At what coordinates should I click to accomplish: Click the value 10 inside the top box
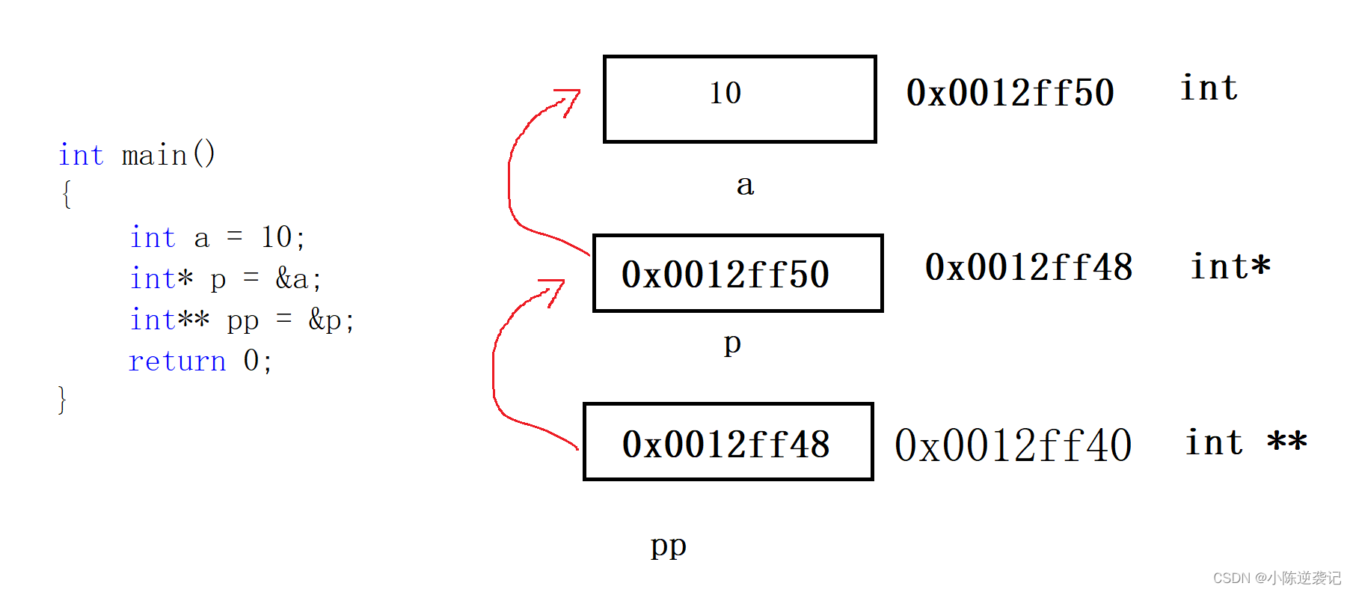click(x=725, y=93)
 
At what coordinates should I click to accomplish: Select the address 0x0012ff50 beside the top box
click(x=1010, y=93)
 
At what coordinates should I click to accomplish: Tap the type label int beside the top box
click(x=1209, y=88)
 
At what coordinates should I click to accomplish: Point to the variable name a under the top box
click(x=745, y=184)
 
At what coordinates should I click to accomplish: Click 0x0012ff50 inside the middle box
click(x=725, y=274)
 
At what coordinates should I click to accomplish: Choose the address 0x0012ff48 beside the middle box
click(x=1028, y=267)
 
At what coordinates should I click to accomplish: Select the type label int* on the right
click(x=1230, y=266)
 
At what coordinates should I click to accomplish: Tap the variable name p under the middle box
click(x=732, y=344)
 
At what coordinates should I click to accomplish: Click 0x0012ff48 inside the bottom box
click(x=725, y=444)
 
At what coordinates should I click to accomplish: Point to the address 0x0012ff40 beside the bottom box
click(x=1013, y=445)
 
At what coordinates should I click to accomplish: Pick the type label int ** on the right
click(x=1246, y=442)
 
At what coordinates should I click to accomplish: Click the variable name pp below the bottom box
click(x=668, y=546)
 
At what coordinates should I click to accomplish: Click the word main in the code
click(x=154, y=156)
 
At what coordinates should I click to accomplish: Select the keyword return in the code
click(x=177, y=361)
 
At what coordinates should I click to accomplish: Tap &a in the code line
click(x=292, y=279)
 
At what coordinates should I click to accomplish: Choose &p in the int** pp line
click(x=325, y=320)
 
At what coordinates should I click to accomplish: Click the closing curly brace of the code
click(x=62, y=400)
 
